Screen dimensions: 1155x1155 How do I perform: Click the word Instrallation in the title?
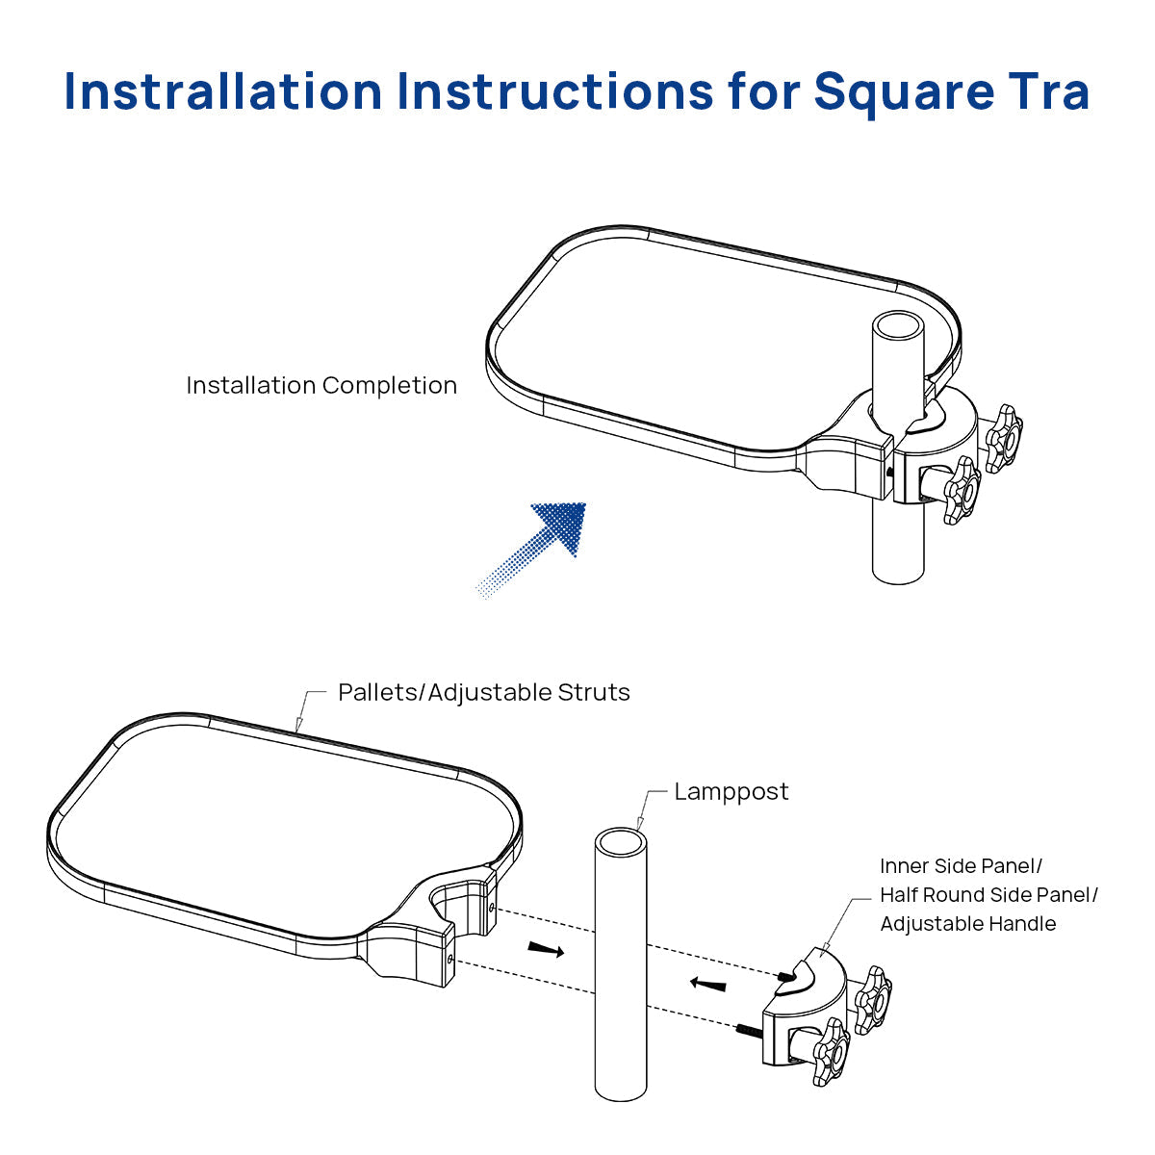tap(223, 91)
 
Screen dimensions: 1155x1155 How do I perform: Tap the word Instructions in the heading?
tap(555, 91)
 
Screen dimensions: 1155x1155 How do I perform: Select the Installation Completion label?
tap(321, 386)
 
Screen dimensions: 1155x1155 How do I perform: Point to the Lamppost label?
tap(731, 792)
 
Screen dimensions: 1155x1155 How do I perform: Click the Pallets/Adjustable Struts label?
tap(483, 693)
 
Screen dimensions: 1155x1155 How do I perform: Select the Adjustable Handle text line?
tap(967, 924)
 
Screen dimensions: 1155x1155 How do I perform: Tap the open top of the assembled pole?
tap(898, 325)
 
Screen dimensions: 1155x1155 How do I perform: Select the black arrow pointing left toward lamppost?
tap(708, 984)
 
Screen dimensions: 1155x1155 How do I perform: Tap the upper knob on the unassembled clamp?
tap(874, 999)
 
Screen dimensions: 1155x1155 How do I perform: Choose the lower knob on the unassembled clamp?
tap(831, 1051)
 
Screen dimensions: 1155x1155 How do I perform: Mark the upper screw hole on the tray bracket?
tap(493, 907)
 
